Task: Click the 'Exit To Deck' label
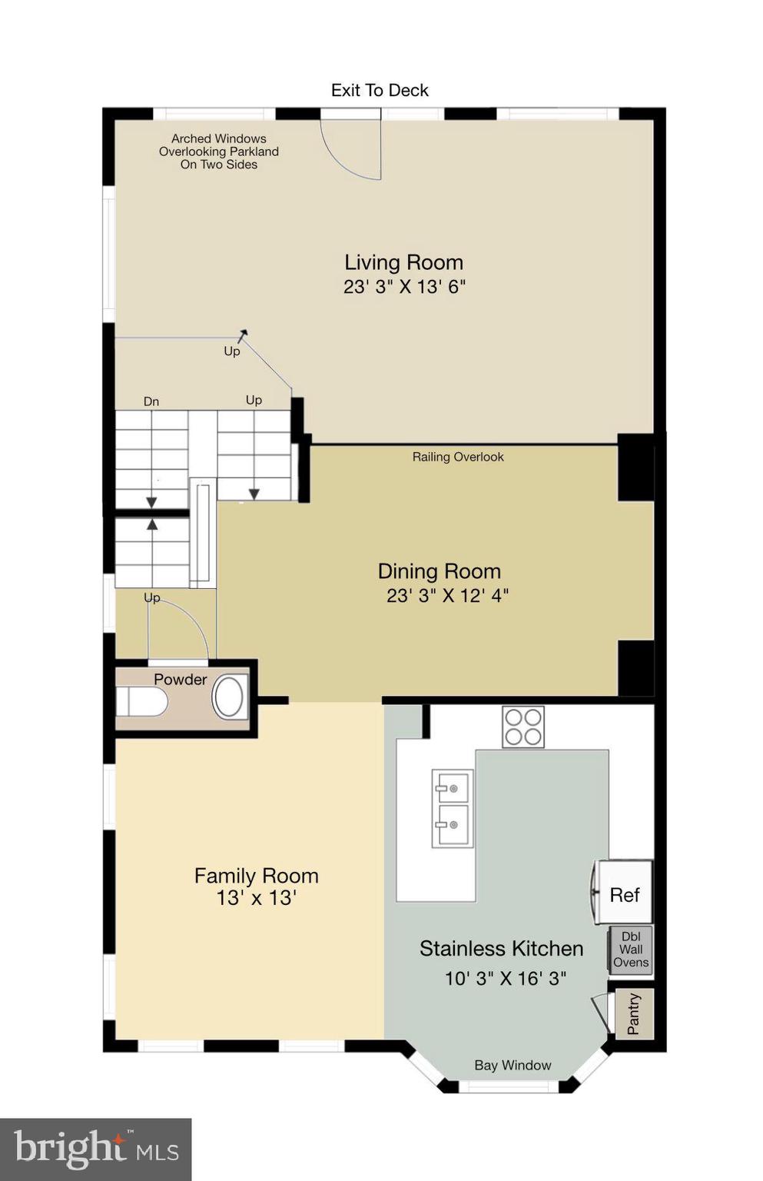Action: pos(380,91)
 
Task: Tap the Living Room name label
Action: pos(403,263)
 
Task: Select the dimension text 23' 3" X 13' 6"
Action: pos(404,287)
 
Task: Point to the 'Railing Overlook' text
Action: pos(458,457)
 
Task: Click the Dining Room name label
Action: pos(439,571)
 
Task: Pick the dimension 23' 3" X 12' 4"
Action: pos(447,595)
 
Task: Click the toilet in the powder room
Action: pos(141,701)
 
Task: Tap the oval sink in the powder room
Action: pos(228,697)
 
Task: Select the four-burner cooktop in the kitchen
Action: pos(522,727)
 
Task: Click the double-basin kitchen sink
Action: pos(452,808)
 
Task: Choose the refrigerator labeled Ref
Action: pos(624,893)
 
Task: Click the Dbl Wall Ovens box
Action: pos(631,950)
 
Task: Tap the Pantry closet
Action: pos(635,1014)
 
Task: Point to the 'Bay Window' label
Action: pos(513,1065)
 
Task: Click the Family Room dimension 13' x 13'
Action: pos(256,898)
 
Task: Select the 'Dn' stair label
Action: pos(151,401)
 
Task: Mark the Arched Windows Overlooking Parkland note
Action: pos(219,151)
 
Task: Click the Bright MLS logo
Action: pos(95,1149)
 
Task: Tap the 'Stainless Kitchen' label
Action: pos(501,949)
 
